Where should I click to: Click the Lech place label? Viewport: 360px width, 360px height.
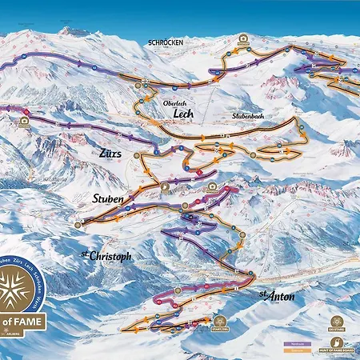coord(185,114)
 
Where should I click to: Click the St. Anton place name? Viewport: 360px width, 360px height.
coord(278,296)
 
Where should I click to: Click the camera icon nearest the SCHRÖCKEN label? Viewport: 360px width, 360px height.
coord(242,38)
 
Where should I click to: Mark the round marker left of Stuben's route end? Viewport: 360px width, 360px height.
coord(78,226)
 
